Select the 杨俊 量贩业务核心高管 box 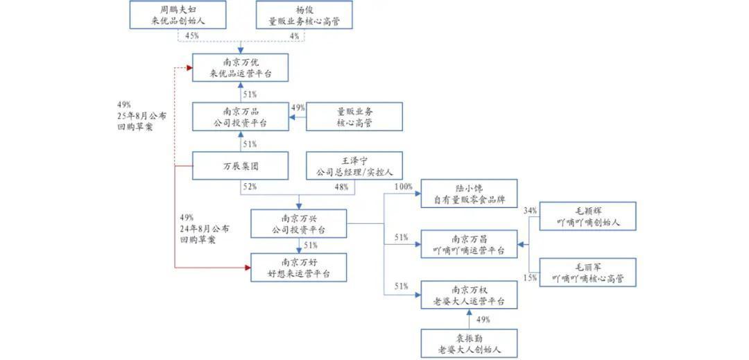pos(304,15)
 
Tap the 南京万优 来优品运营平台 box pos(240,68)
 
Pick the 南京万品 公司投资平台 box pos(240,117)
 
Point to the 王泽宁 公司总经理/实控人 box pos(354,166)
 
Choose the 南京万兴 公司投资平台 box pos(299,223)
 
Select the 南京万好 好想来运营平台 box pos(299,268)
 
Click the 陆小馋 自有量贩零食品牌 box pos(470,194)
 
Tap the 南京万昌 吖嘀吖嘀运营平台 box pos(470,243)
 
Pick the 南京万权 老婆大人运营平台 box pos(470,295)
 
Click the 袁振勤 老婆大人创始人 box pos(470,343)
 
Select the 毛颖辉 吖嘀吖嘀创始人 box pos(587,216)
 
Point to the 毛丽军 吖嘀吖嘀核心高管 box pos(587,272)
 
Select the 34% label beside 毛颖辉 pos(531,210)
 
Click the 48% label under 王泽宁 pos(341,187)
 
